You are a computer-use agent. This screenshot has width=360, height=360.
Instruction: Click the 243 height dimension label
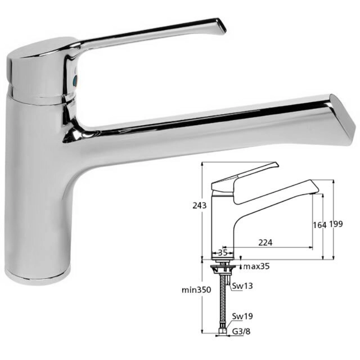click(199, 206)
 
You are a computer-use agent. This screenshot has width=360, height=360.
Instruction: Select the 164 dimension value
click(319, 225)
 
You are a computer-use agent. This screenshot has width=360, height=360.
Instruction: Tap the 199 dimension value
click(336, 224)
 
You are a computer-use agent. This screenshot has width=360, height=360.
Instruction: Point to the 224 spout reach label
click(265, 243)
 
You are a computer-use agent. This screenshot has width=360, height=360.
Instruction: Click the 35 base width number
click(222, 253)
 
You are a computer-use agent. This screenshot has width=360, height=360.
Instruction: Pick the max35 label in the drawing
click(256, 266)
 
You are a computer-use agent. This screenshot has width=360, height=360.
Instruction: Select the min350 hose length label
click(196, 290)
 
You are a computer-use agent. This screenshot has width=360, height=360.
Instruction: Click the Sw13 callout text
click(243, 286)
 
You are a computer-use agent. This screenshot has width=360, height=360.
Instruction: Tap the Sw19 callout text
click(243, 316)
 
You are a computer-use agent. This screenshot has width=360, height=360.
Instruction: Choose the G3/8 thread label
click(241, 332)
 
